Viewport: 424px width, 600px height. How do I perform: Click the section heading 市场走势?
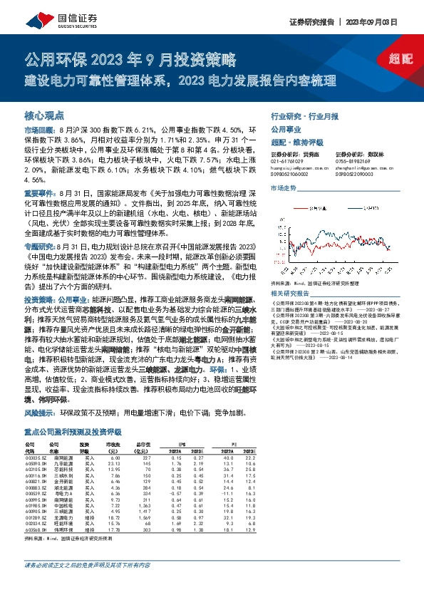283,187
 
